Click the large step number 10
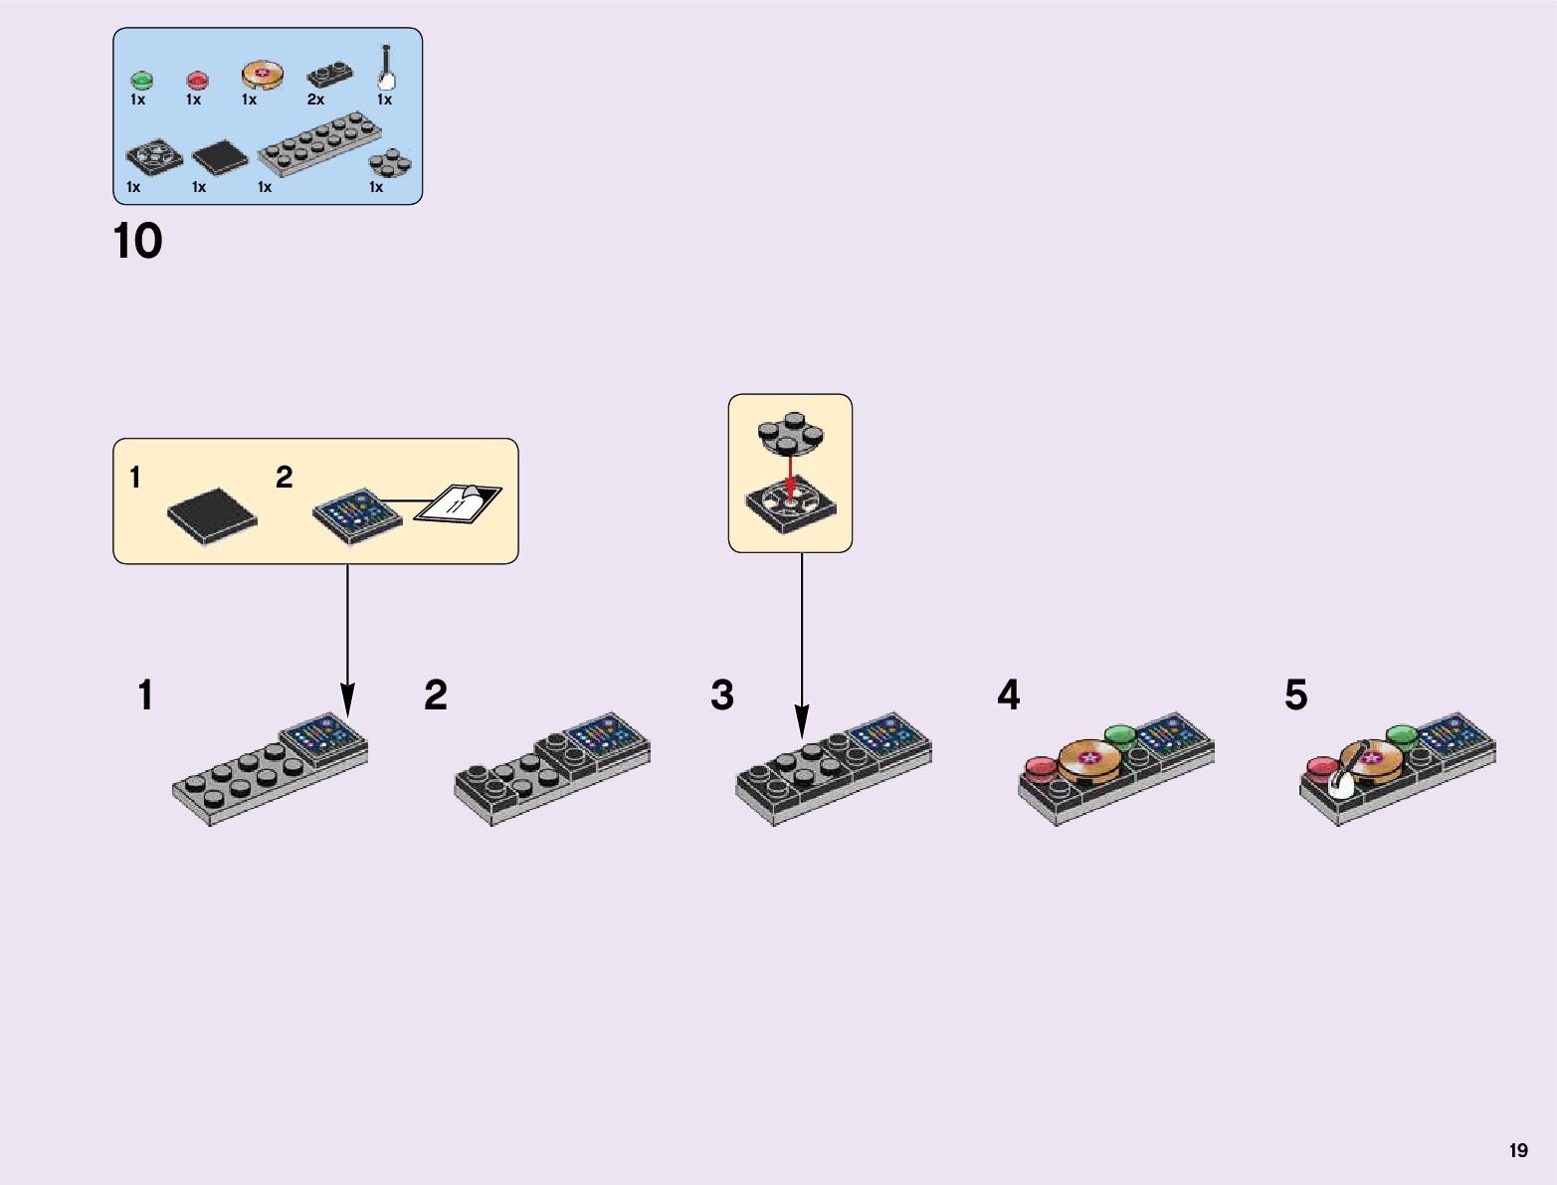(x=137, y=242)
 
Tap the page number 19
(x=1517, y=1150)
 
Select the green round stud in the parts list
(x=141, y=79)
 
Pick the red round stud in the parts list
(x=197, y=79)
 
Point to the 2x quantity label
(x=315, y=99)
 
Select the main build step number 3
(x=722, y=695)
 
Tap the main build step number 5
(x=1295, y=695)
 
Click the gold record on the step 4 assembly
(x=1090, y=759)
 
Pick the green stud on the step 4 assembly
(x=1121, y=736)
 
